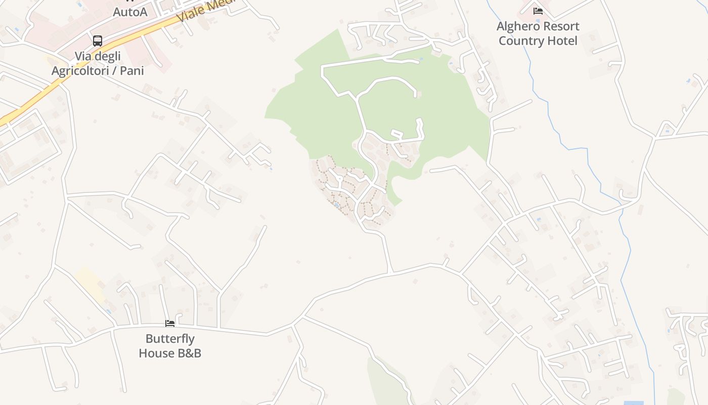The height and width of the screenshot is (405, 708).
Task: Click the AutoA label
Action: tap(130, 12)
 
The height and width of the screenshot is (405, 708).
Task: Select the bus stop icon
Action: tap(98, 41)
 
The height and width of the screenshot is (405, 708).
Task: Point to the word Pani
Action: tap(132, 70)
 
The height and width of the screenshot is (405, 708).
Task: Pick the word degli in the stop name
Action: tap(107, 56)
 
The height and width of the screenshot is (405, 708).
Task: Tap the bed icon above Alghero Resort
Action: tap(538, 11)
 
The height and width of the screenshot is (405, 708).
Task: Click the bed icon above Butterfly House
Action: tap(170, 323)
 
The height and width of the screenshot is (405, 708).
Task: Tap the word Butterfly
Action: tap(170, 339)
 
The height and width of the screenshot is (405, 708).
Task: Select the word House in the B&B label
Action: tap(155, 353)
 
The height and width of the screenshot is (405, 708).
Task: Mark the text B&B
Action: tap(188, 353)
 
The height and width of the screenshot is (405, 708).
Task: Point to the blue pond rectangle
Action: tap(634, 403)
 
